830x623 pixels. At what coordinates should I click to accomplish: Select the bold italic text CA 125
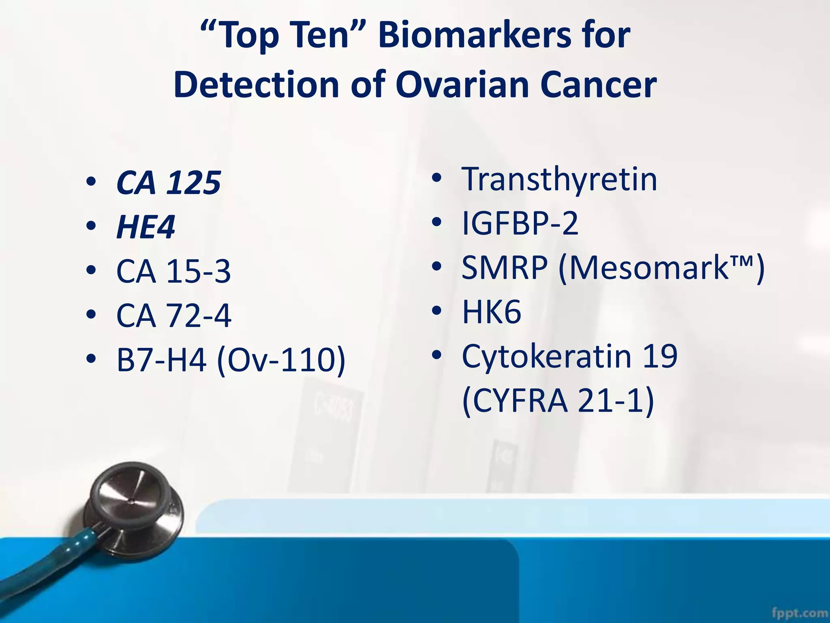point(168,183)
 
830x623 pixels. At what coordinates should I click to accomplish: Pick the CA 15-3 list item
point(173,271)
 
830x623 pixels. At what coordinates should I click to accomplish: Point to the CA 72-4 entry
point(173,316)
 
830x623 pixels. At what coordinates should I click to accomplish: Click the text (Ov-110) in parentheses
point(281,360)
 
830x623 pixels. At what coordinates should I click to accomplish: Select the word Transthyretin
point(559,179)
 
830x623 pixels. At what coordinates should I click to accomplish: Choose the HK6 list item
point(492,312)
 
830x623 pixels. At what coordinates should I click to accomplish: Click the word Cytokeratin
point(546,356)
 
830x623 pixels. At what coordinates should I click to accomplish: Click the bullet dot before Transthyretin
point(436,178)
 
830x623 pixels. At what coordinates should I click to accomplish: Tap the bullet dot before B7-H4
point(91,359)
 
